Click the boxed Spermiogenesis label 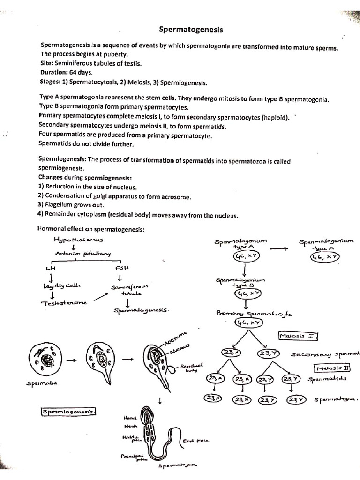pos(68,412)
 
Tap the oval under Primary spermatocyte pos(248,322)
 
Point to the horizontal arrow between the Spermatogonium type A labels pos(279,249)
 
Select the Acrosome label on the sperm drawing pos(176,337)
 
